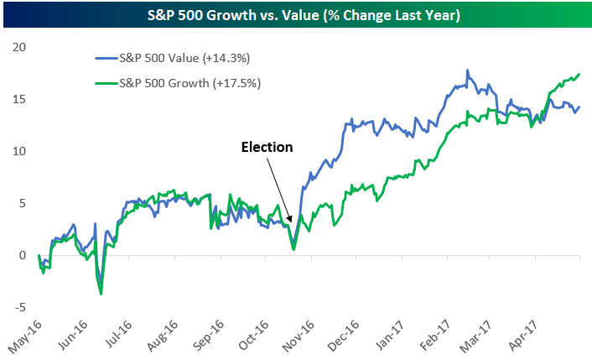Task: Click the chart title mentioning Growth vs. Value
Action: pyautogui.click(x=296, y=13)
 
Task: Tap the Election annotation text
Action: pyautogui.click(x=267, y=147)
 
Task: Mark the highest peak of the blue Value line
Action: pyautogui.click(x=467, y=70)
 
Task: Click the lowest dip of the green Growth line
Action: pyautogui.click(x=101, y=294)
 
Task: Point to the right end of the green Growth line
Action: pyautogui.click(x=580, y=74)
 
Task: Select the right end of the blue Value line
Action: pyautogui.click(x=580, y=107)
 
